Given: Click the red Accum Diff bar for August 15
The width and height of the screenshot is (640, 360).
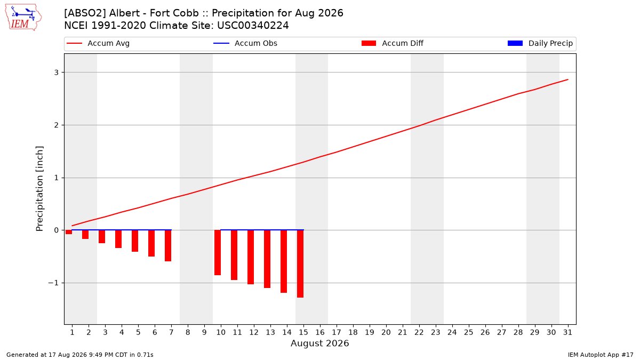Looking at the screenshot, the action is tap(300, 263).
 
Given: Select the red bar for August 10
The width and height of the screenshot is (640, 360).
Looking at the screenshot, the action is tap(218, 253).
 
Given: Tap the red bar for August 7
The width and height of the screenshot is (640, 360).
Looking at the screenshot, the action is tap(168, 246).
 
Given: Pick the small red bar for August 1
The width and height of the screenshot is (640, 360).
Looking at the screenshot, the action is tap(69, 232).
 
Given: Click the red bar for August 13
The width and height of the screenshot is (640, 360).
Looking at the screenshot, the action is tap(267, 259).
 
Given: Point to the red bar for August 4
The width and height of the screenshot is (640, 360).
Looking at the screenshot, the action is tap(118, 239).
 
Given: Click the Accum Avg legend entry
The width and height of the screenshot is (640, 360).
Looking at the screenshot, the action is tap(98, 43).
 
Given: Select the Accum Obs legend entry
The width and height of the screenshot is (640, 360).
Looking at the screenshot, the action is tap(245, 43).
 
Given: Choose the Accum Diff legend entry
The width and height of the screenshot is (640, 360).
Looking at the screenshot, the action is tap(393, 43).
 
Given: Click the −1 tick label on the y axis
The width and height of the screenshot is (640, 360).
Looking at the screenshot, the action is tap(53, 283).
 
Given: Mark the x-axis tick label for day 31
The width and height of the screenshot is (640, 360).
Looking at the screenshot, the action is tap(567, 332).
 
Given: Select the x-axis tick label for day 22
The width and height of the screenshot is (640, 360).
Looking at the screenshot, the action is tap(419, 332).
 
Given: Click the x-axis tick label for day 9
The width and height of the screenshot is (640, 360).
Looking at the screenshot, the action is tap(204, 332).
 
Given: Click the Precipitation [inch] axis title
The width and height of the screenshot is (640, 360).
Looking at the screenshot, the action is tap(39, 189).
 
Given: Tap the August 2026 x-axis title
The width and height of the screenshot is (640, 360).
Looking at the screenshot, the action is tap(319, 343).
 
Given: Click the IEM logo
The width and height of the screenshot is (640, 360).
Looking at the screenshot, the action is tap(23, 18).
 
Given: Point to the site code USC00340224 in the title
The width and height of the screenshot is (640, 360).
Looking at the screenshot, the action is tap(253, 26).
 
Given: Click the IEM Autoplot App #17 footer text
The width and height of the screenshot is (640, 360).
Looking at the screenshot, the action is tap(601, 355).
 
